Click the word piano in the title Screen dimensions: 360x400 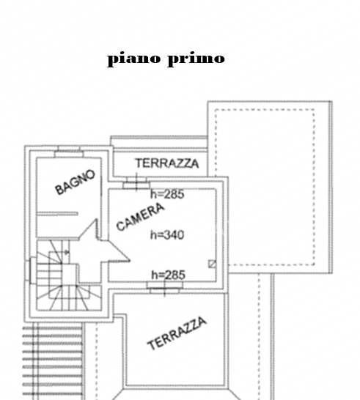click(134, 59)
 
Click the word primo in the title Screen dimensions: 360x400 click(196, 59)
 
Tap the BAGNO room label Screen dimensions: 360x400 click(75, 182)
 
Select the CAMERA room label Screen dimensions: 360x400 click(140, 217)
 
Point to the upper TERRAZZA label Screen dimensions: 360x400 click(167, 163)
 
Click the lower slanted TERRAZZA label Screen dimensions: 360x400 click(177, 333)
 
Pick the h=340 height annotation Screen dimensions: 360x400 click(167, 235)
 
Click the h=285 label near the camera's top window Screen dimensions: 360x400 click(167, 194)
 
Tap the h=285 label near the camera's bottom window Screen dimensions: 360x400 click(168, 275)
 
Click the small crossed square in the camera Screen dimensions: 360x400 click(212, 264)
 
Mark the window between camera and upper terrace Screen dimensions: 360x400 click(136, 183)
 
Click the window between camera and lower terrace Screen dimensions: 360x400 click(165, 287)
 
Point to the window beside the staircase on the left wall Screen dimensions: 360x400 click(30, 270)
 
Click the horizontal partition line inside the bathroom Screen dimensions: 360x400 click(57, 214)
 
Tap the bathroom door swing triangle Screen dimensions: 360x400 click(88, 229)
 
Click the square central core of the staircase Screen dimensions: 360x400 click(70, 274)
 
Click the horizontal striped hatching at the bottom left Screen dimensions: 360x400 click(53, 362)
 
